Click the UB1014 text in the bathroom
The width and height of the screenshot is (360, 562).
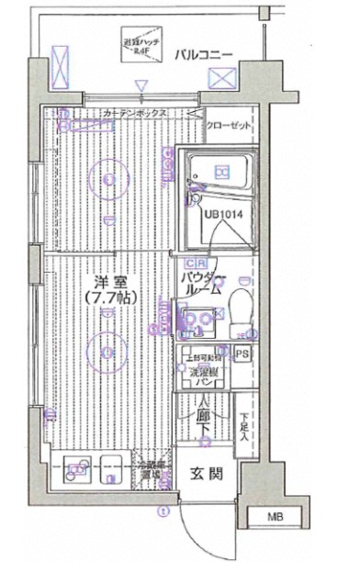223,214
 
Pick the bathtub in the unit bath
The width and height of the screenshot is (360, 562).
220,172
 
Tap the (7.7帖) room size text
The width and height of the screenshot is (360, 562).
108,298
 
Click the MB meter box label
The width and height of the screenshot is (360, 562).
276,518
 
